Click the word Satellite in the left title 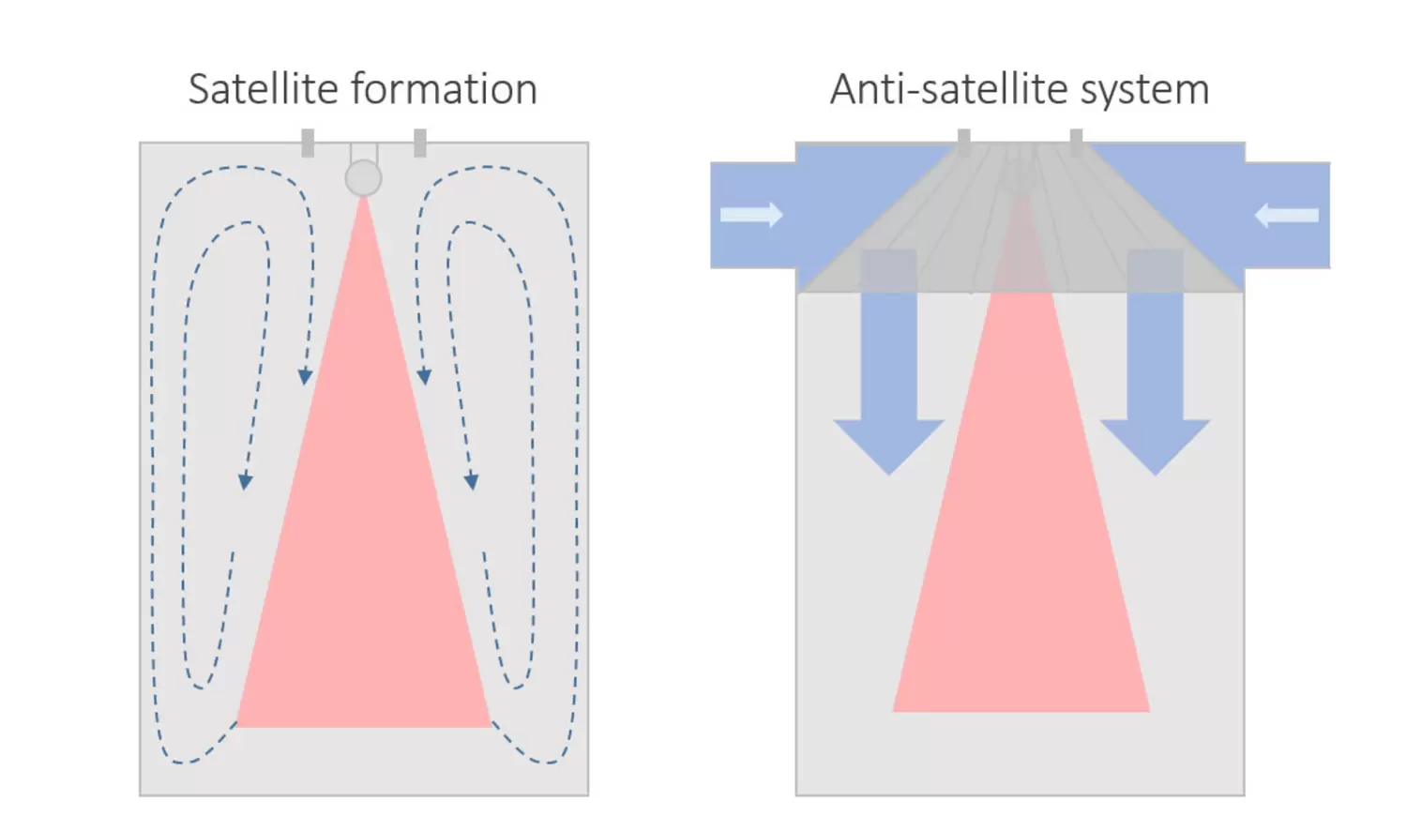pyautogui.click(x=263, y=89)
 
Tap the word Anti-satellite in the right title pyautogui.click(x=948, y=89)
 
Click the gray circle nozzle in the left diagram pyautogui.click(x=363, y=177)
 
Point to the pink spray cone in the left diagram pyautogui.click(x=364, y=563)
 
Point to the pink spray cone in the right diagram pyautogui.click(x=1021, y=563)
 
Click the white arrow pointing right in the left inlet pyautogui.click(x=751, y=215)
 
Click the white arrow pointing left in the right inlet pyautogui.click(x=1287, y=216)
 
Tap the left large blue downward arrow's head pyautogui.click(x=888, y=445)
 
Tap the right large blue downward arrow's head pyautogui.click(x=1155, y=445)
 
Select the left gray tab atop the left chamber pyautogui.click(x=308, y=143)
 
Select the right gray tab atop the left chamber pyautogui.click(x=420, y=143)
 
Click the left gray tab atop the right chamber pyautogui.click(x=964, y=142)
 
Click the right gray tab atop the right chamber pyautogui.click(x=1076, y=142)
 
